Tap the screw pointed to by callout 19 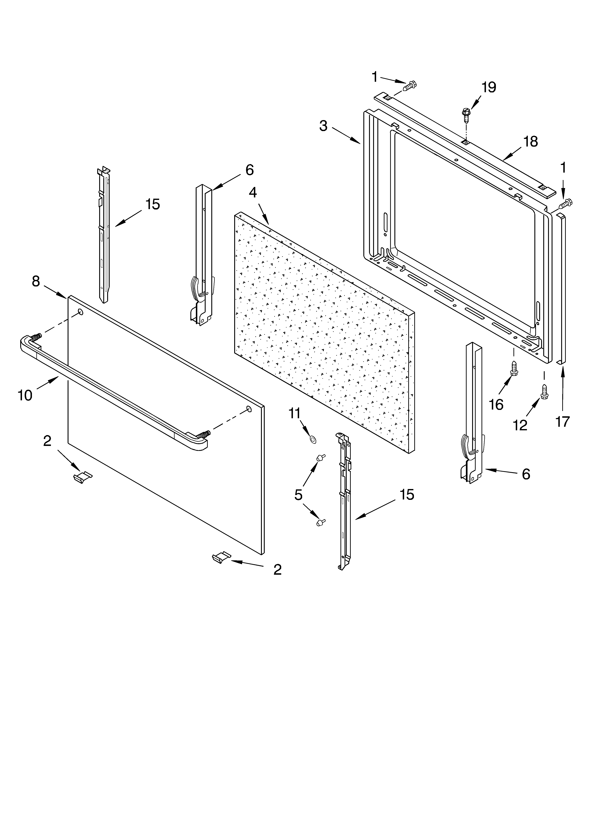(x=466, y=113)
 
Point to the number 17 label (x=563, y=422)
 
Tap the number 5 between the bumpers (x=298, y=495)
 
